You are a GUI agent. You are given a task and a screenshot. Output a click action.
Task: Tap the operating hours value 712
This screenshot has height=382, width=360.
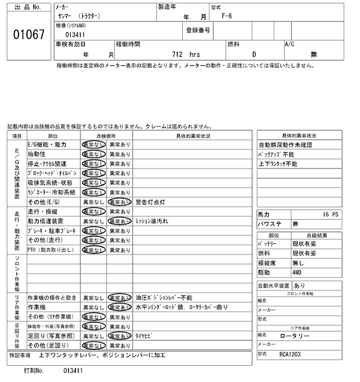(179, 54)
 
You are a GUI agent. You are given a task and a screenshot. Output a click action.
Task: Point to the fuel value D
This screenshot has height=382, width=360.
(254, 54)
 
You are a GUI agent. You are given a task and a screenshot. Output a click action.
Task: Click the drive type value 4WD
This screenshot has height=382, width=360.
(298, 272)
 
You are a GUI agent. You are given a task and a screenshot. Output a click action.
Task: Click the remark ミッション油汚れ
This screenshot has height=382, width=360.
(152, 221)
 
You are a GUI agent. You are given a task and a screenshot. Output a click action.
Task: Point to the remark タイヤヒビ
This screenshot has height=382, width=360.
(144, 335)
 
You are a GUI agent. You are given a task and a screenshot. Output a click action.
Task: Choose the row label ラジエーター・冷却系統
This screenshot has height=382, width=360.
(51, 192)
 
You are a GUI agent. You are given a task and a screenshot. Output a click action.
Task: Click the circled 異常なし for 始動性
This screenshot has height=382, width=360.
(93, 154)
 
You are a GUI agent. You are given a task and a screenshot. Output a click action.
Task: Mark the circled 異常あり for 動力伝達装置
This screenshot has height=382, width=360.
(119, 221)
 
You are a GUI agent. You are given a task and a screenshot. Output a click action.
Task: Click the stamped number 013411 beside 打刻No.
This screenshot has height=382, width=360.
(73, 371)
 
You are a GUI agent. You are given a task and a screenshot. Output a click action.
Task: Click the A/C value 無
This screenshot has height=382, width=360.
(314, 54)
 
